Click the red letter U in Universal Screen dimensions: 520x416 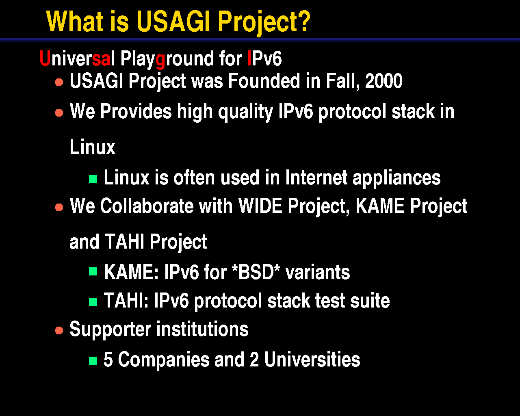pyautogui.click(x=45, y=58)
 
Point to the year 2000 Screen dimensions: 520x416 pyautogui.click(x=384, y=81)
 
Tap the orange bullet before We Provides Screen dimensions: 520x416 pyautogui.click(x=59, y=113)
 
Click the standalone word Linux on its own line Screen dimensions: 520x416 pyautogui.click(x=92, y=147)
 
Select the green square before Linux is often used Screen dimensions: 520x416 pyautogui.click(x=93, y=179)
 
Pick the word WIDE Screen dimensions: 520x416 pyautogui.click(x=260, y=206)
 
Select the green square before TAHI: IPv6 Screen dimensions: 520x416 pyautogui.click(x=93, y=302)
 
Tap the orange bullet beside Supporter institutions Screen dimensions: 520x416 pyautogui.click(x=59, y=330)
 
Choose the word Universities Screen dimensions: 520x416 pyautogui.click(x=312, y=360)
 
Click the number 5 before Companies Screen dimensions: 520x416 pyautogui.click(x=108, y=360)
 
